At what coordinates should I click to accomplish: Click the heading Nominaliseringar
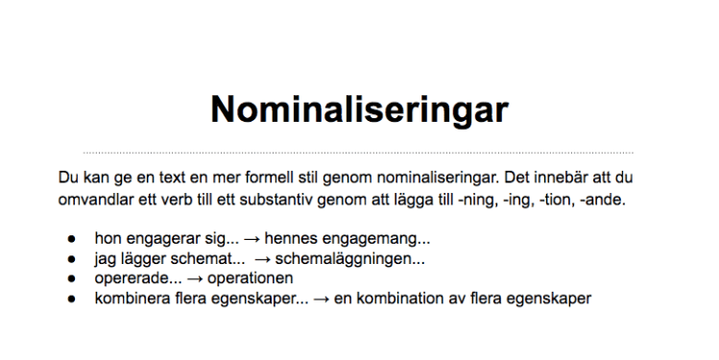point(359,108)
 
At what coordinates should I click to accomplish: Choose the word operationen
point(248,278)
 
